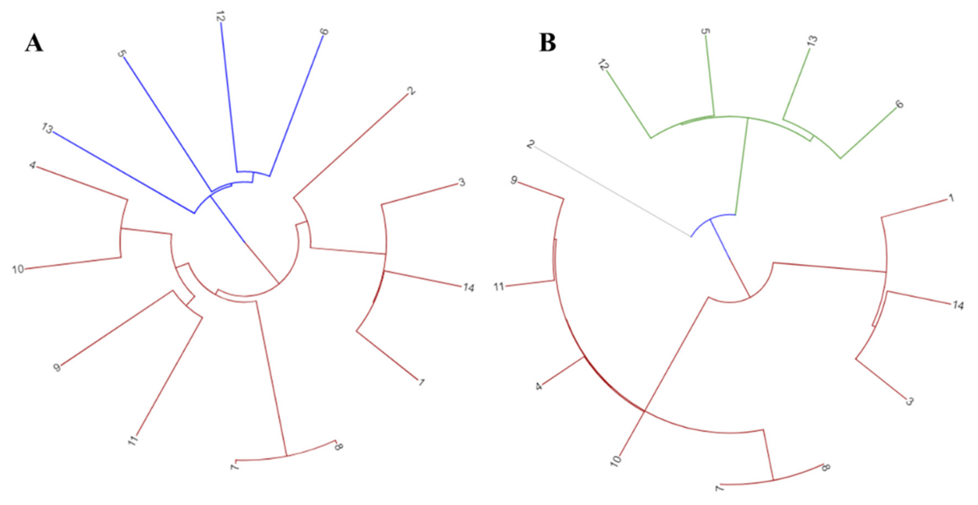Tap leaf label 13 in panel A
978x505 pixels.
(x=47, y=129)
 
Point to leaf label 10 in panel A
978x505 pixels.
(x=18, y=270)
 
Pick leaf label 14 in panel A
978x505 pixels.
(x=468, y=288)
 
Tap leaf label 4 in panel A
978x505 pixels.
(x=33, y=166)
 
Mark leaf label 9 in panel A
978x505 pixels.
(x=57, y=367)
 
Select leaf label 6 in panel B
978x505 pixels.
(x=899, y=104)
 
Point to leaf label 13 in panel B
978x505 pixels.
(x=812, y=41)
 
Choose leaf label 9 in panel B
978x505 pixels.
(x=513, y=181)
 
